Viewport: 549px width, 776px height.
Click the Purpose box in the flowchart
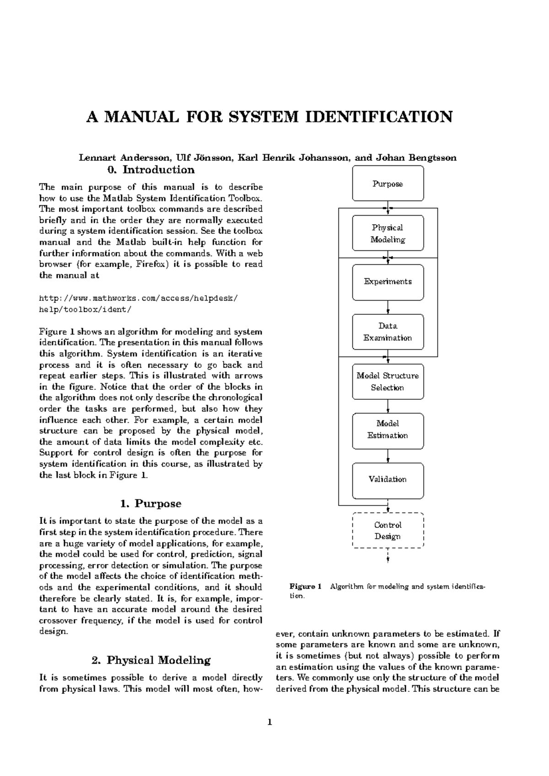[388, 184]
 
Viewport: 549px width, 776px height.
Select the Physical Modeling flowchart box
[388, 234]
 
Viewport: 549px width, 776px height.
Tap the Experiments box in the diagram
[388, 282]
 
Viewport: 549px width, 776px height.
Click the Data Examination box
[388, 332]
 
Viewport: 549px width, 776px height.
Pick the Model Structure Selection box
[388, 382]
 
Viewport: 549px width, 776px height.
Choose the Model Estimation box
[388, 430]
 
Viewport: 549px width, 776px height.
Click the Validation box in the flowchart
[388, 479]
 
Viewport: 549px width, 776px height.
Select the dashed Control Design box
[388, 531]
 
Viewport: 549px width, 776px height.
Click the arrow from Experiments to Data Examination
[388, 307]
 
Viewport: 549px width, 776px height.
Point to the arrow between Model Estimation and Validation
[388, 456]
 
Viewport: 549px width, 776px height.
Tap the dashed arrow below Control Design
[388, 555]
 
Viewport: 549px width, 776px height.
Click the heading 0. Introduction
[151, 170]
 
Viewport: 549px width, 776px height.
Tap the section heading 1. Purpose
[151, 504]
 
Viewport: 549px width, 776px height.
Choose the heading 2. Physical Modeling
[151, 660]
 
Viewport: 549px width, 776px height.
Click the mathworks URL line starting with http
[139, 298]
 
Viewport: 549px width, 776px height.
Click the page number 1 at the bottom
[269, 723]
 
